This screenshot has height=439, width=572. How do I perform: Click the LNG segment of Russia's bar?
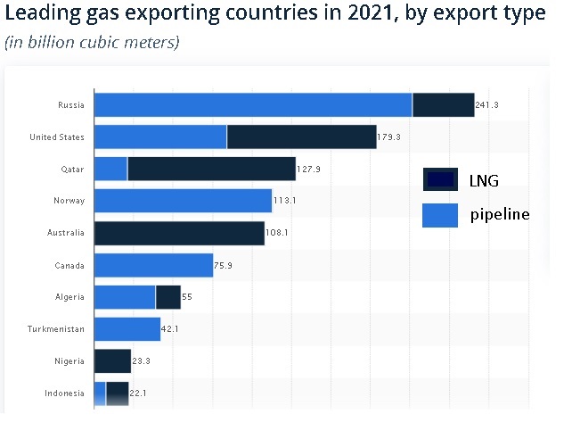point(443,104)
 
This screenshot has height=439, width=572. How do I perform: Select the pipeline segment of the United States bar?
point(160,137)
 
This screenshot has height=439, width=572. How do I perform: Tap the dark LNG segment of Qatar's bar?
point(211,169)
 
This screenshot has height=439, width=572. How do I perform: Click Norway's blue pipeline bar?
point(183,201)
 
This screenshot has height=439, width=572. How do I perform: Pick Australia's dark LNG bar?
point(179,233)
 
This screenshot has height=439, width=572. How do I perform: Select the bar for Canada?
point(153,265)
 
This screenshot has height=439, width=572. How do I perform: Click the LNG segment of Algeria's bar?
point(168,297)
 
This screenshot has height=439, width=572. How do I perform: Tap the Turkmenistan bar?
point(127,329)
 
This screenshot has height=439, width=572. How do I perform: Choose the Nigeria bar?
point(112,361)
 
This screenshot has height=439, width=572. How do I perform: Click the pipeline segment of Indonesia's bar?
point(100,393)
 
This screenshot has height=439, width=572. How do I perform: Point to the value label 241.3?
point(486,105)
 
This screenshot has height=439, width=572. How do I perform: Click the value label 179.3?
point(388,137)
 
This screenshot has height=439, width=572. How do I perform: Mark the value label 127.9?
point(308,170)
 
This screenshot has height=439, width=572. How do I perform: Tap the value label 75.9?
point(225,266)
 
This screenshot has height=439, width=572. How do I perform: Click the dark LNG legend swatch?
point(440,179)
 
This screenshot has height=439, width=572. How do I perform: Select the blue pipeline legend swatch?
point(440,214)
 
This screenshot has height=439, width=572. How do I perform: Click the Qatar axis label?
point(72,169)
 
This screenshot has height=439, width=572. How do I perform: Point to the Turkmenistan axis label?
point(56,329)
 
